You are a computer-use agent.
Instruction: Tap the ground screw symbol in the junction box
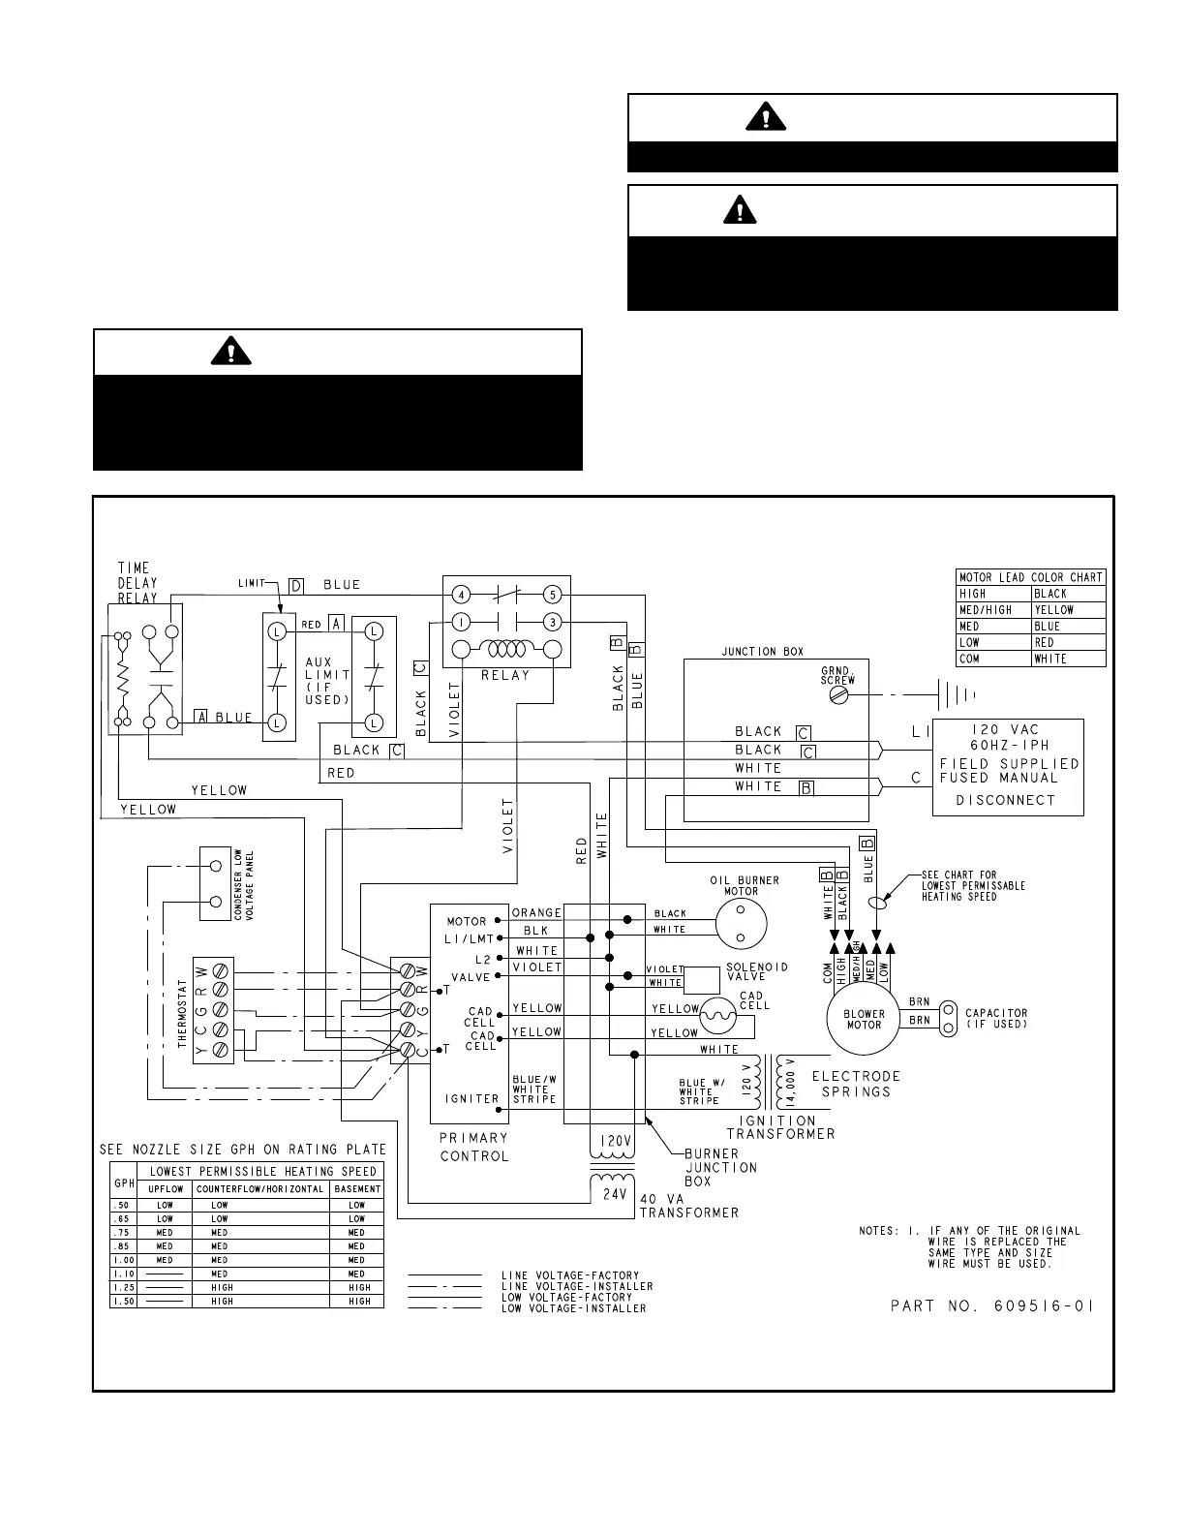coord(838,694)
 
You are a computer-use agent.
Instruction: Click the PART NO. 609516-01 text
coord(991,1305)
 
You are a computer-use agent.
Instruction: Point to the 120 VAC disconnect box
coord(1007,767)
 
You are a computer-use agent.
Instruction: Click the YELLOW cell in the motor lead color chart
coord(1068,610)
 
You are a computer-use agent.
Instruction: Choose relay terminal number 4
coord(462,594)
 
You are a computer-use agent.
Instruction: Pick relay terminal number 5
coord(553,594)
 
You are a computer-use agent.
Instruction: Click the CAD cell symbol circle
coord(718,1015)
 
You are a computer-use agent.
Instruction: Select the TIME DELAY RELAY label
coord(137,583)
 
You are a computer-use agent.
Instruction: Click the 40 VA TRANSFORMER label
coord(688,1205)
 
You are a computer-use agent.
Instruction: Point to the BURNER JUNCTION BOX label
coord(711,1167)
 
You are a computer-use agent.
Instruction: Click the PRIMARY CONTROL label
coord(473,1147)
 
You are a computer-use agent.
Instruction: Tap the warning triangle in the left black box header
coord(230,352)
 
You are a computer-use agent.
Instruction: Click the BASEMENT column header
coord(357,1189)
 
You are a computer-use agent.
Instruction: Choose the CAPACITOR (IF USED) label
coord(996,1019)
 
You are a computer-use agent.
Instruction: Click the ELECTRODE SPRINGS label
coord(856,1084)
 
